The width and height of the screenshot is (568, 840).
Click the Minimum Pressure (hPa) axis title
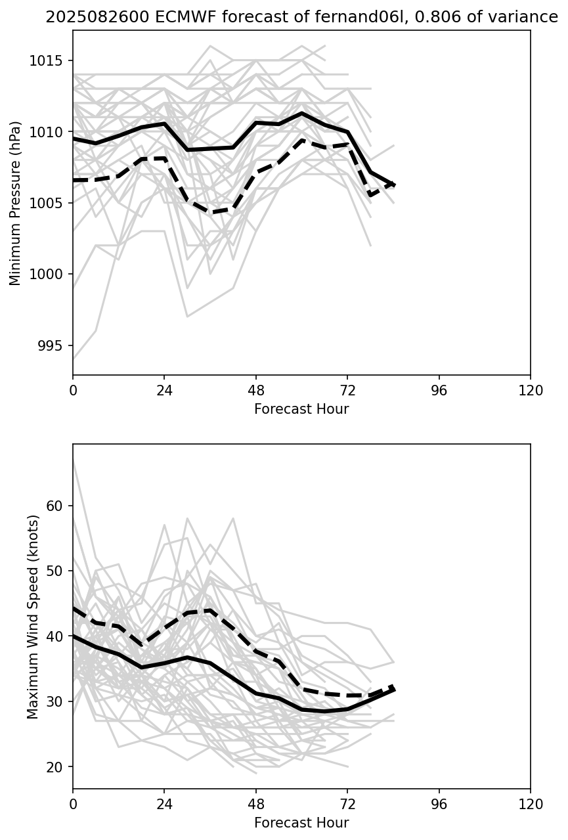[x=16, y=203]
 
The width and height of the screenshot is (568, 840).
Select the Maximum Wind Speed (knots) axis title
[x=33, y=616]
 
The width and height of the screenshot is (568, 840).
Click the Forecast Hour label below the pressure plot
[x=301, y=409]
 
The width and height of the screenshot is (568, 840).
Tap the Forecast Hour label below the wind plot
[x=301, y=823]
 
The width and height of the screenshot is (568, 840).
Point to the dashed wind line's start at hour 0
[x=74, y=608]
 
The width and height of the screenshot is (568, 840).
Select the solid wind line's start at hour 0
[x=74, y=635]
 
